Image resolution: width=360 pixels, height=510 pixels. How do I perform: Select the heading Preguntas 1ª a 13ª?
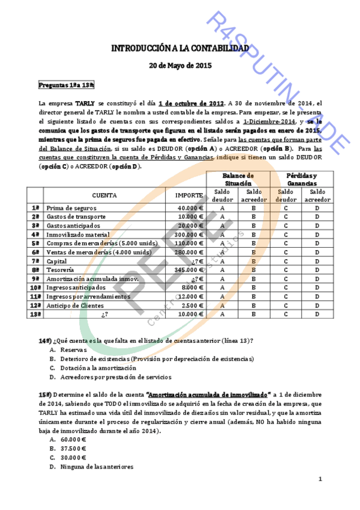(66, 86)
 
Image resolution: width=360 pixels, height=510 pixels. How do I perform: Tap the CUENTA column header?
(105, 195)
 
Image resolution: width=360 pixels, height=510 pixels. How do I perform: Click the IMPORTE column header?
(188, 195)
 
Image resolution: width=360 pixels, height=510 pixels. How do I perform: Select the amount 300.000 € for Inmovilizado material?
(188, 235)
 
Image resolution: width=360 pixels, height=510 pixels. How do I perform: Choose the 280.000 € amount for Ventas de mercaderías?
(188, 253)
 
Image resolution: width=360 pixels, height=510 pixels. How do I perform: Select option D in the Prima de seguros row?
(316, 207)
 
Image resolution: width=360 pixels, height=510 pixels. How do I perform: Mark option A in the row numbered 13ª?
(222, 314)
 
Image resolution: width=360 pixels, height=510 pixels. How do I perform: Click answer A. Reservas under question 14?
(69, 349)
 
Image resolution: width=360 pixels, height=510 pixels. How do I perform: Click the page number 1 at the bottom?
(320, 479)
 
